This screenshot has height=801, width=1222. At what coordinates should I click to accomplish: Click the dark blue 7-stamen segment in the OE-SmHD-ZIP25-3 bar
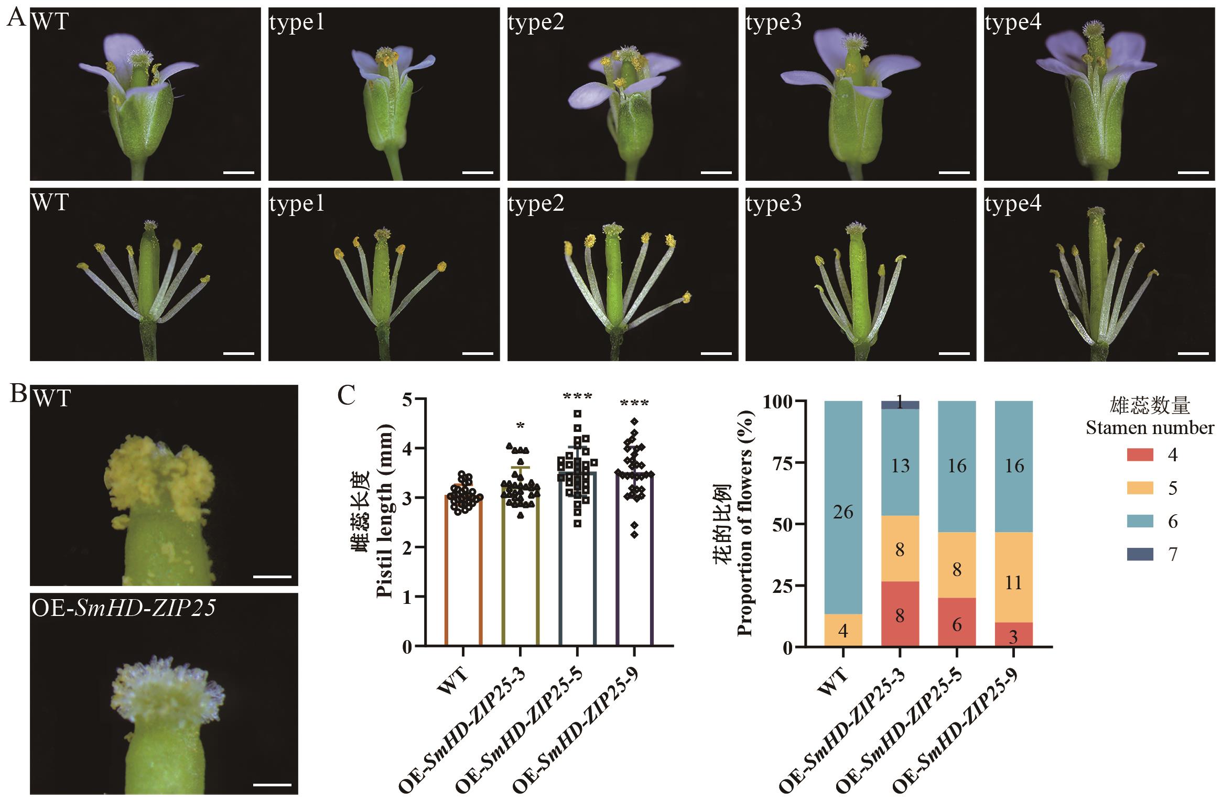pos(900,405)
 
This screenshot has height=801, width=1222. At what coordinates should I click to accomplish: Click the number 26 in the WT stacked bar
pos(843,512)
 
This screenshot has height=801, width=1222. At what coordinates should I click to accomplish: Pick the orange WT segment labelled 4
pos(843,630)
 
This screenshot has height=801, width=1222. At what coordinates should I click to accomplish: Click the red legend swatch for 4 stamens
pos(1140,454)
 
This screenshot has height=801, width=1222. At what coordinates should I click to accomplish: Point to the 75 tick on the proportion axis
pos(783,463)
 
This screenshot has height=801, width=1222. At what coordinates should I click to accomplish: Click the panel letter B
pos(19,395)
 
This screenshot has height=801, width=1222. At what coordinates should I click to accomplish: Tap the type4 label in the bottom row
pos(1013,203)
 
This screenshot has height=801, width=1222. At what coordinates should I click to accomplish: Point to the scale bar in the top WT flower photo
pos(239,172)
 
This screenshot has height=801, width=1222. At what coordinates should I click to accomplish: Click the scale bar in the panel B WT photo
pos(272,577)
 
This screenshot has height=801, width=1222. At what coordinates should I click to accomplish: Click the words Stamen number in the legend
pos(1150,428)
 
